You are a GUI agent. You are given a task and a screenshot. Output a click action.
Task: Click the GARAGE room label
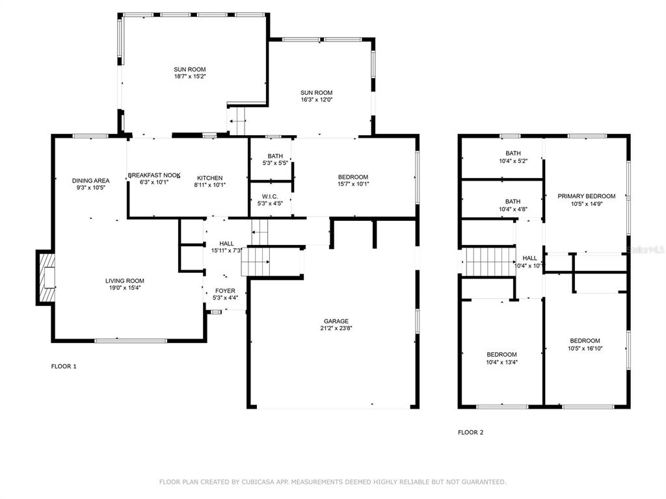tap(336, 321)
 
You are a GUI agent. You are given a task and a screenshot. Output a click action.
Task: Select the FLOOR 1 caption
tap(64, 366)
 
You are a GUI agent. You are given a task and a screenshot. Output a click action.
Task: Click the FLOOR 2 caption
tap(471, 432)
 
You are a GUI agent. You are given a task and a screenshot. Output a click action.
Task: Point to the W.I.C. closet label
tap(270, 196)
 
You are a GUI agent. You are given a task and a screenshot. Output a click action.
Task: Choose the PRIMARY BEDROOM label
tap(587, 196)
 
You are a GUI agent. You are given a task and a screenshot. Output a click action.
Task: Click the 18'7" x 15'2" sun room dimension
tap(190, 77)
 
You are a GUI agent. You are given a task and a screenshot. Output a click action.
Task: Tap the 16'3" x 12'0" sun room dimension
tap(317, 99)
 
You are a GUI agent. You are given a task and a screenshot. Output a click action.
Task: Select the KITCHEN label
tap(210, 178)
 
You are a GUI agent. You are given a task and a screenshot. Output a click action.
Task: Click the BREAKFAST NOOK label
tap(154, 175)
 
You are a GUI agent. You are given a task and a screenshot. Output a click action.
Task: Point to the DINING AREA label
tap(90, 181)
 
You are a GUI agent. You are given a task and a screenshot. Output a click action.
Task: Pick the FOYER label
tap(225, 290)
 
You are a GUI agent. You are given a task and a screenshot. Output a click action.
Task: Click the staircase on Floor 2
tap(491, 262)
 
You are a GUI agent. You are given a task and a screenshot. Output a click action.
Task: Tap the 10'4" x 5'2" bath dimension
tap(513, 161)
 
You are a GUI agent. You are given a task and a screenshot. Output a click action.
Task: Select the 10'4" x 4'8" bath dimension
tap(513, 209)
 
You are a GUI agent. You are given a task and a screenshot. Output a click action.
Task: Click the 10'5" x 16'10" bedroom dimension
tap(585, 348)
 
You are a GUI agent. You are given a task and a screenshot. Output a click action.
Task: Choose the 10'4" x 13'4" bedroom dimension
tap(502, 362)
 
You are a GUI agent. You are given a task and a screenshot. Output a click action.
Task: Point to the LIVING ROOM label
tap(124, 281)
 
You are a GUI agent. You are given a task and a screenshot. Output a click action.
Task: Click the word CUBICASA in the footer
tap(260, 481)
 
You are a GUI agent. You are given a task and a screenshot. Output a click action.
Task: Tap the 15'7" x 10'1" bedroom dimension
tap(353, 184)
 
